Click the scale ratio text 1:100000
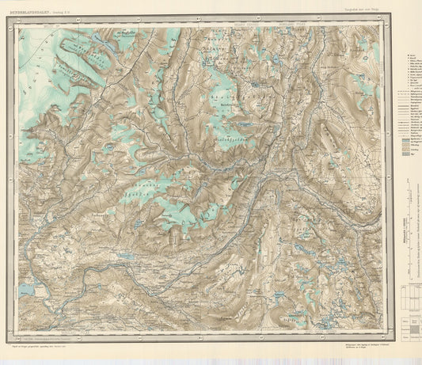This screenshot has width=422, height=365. (409, 234)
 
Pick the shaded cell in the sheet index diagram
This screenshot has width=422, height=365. (411, 333)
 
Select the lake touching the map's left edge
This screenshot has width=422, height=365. (25, 291)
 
